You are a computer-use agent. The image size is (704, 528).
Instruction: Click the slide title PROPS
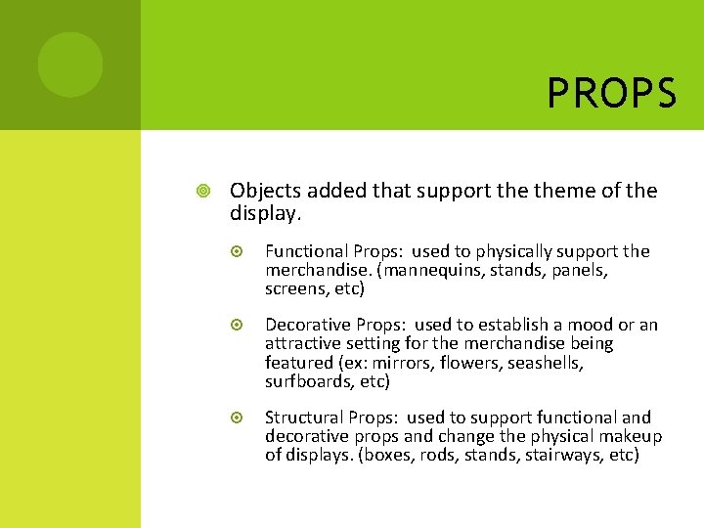click(611, 94)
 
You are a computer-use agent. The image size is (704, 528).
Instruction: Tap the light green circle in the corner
click(70, 65)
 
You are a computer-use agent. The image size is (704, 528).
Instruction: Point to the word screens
click(296, 288)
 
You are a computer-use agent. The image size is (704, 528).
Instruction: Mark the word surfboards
click(308, 380)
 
